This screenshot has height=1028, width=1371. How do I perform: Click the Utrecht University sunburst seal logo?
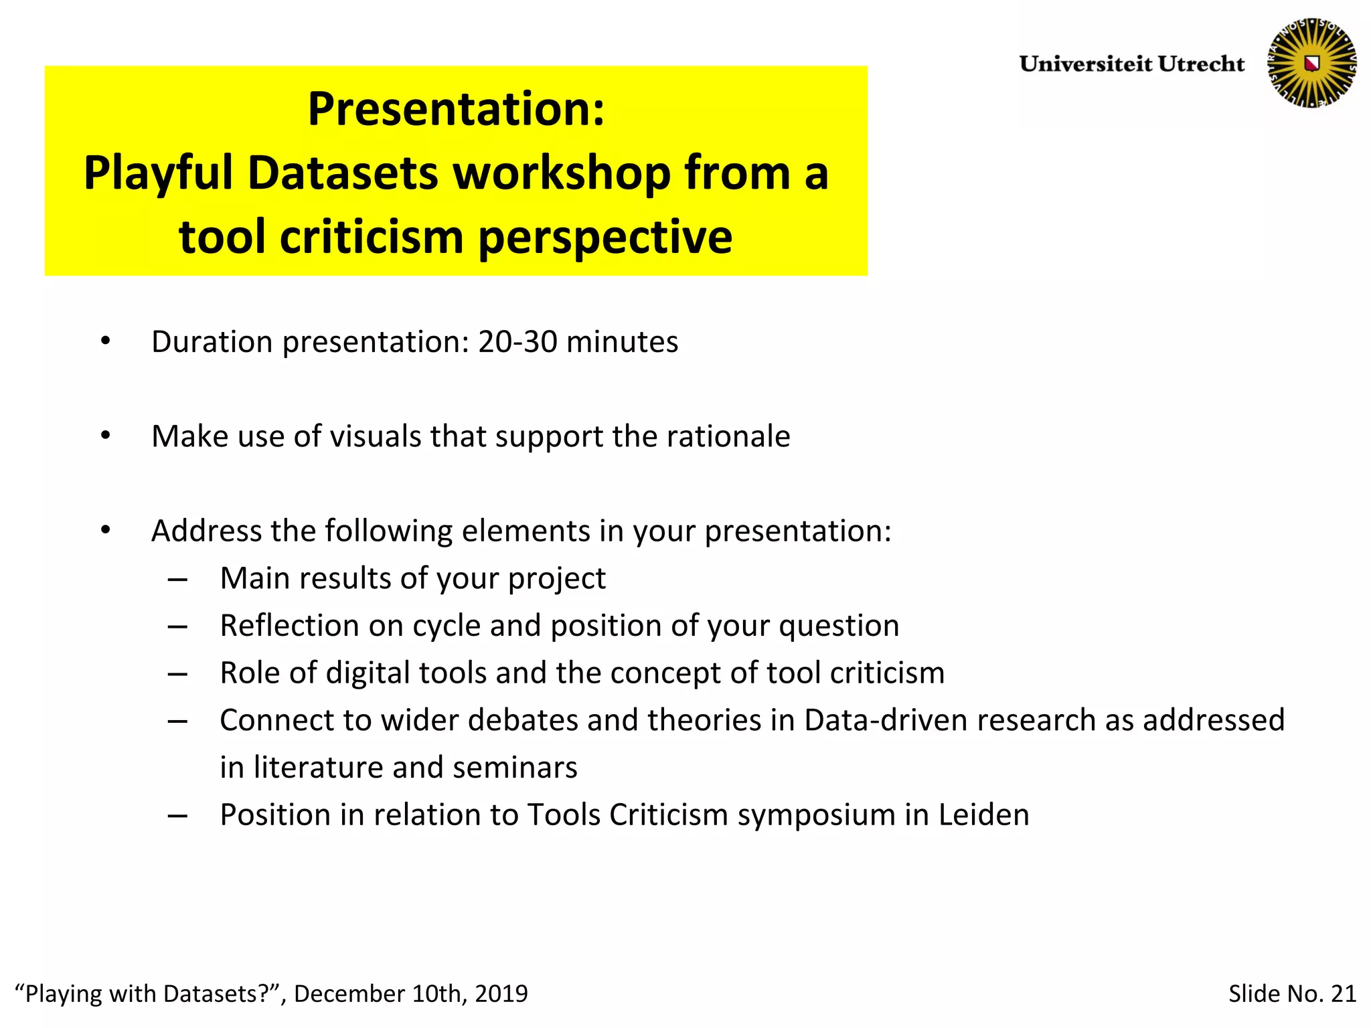[x=1311, y=63]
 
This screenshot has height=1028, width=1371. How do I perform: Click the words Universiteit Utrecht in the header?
[x=1131, y=64]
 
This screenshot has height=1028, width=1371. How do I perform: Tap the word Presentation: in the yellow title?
[x=456, y=109]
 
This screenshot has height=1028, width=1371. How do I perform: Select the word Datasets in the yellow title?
[x=343, y=173]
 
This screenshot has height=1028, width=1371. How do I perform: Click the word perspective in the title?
[x=605, y=238]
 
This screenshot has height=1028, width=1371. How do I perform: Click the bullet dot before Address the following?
[x=105, y=531]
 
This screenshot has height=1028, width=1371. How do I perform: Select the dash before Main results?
[x=177, y=579]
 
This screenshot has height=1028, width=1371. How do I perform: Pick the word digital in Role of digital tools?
[x=368, y=673]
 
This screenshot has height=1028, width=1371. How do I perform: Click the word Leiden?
[x=983, y=815]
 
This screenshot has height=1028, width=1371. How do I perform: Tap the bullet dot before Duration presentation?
[x=105, y=342]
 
